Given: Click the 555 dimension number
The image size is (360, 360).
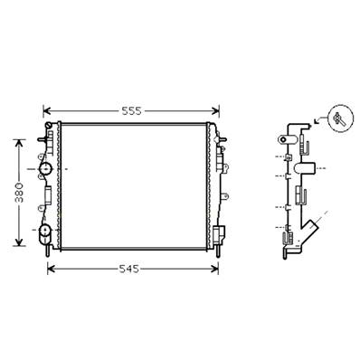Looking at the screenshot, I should (132, 111).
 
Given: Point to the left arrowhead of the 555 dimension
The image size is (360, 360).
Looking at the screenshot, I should (48, 112).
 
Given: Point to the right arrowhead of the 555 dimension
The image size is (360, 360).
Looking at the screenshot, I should (216, 112).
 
